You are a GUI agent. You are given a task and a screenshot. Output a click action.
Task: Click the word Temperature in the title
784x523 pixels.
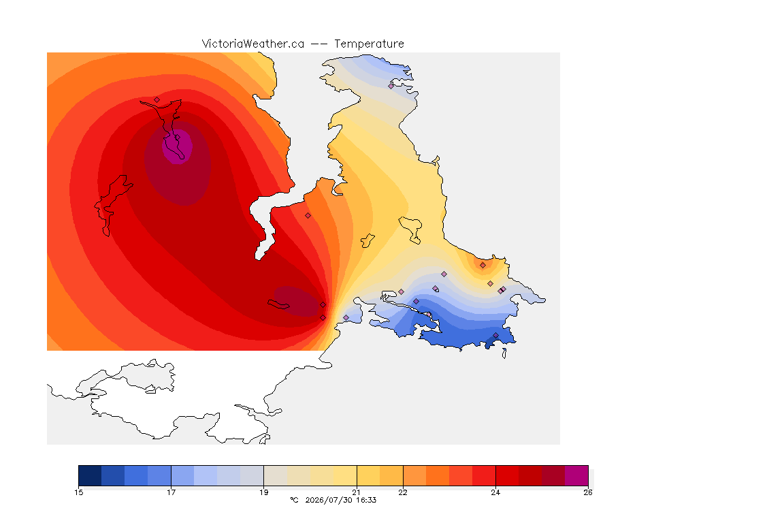369,44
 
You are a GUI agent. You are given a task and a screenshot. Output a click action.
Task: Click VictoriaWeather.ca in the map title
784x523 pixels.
253,44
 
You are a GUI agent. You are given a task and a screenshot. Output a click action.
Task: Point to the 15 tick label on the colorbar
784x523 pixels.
78,492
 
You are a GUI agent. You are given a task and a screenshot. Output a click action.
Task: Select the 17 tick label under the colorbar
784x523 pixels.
171,492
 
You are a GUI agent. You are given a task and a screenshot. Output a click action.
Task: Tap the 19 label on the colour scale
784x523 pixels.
263,492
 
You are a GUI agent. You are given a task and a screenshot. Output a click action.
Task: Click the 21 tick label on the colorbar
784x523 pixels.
357,492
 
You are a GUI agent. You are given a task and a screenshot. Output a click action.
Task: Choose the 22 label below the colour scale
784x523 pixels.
403,492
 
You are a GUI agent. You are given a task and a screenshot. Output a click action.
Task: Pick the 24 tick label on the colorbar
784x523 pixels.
495,492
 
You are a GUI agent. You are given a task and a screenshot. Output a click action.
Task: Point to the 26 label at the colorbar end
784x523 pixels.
588,492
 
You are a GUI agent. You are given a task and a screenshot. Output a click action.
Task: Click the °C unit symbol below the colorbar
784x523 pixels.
294,500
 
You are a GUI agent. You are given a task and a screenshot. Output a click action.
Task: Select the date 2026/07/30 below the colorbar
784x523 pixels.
329,500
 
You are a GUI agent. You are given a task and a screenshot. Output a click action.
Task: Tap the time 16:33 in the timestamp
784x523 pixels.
366,500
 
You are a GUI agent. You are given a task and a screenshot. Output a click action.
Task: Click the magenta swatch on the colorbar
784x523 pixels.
576,475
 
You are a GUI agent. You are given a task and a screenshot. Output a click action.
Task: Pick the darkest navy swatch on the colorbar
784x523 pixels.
90,475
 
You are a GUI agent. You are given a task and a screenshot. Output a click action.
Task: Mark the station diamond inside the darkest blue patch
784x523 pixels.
495,336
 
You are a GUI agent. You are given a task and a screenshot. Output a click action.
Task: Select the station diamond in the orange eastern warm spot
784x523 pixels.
483,266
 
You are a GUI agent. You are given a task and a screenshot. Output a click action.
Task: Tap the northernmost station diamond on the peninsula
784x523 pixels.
391,86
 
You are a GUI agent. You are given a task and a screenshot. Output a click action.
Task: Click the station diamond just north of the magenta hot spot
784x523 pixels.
157,99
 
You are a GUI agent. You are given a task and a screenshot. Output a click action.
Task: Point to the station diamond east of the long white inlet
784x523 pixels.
308,216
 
